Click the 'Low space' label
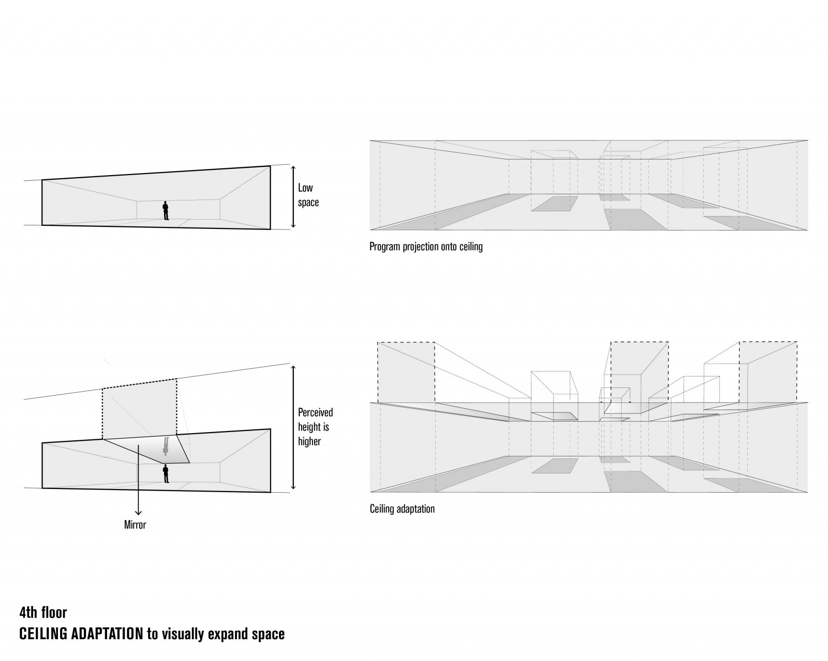click(308, 195)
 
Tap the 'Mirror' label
click(135, 525)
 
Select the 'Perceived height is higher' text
click(315, 427)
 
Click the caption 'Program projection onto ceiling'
click(426, 247)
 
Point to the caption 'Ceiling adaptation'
click(402, 509)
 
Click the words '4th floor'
click(43, 613)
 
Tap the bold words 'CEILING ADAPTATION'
click(81, 634)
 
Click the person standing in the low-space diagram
click(166, 211)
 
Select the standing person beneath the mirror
click(166, 473)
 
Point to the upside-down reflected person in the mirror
click(166, 446)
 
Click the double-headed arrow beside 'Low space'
click(293, 197)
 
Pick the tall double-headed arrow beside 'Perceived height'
click(293, 427)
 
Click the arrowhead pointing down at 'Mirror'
click(138, 513)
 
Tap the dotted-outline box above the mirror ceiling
click(140, 409)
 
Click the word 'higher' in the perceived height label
click(309, 441)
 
